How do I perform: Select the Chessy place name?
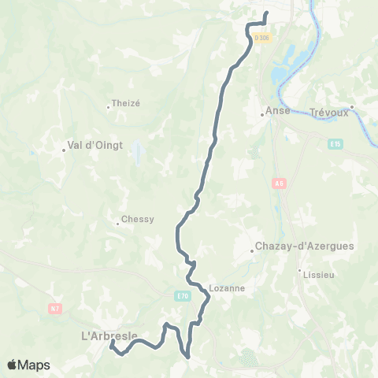coord(139,220)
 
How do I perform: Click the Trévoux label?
coord(329,112)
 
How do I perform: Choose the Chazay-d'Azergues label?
coord(305,246)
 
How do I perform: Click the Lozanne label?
coord(228,287)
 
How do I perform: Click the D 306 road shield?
coord(262,38)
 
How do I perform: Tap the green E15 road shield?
coord(336,144)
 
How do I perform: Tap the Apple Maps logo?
coord(28,365)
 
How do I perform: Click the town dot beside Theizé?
coord(109,106)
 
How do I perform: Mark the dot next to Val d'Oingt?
coord(65,150)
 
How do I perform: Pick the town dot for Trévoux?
coord(352,106)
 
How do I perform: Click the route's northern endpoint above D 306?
coord(266,13)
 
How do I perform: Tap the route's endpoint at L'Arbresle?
coord(112,343)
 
